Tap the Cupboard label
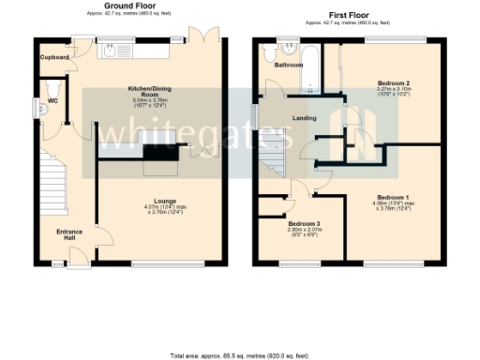point(54,57)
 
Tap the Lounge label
point(166,202)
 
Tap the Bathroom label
point(288,66)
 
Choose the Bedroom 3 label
point(305,224)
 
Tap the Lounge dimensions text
point(166,211)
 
